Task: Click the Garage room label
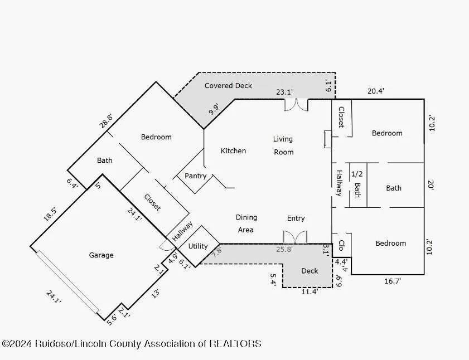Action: point(101,255)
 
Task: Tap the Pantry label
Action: point(195,176)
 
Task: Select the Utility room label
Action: point(198,246)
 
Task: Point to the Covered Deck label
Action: point(228,86)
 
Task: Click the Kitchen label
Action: point(233,151)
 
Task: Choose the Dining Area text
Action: point(246,223)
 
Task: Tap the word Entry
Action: point(296,218)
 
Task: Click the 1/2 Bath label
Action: point(357,184)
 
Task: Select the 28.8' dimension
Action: point(106,121)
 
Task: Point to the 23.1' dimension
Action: point(284,92)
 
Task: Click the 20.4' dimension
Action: point(376,91)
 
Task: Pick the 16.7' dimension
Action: point(393,281)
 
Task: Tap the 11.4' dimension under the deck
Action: point(310,291)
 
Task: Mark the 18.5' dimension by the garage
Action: point(50,215)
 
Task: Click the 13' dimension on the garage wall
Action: point(155,293)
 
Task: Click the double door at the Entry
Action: point(295,237)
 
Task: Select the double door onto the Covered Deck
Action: point(296,105)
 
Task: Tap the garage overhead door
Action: point(67,281)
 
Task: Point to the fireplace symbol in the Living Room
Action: point(327,139)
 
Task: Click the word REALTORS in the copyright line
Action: point(235,343)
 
